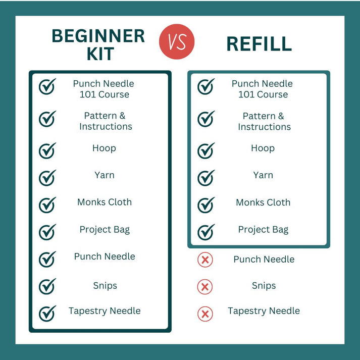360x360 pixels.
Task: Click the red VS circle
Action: point(177,41)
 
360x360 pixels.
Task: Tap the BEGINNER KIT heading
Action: point(98,44)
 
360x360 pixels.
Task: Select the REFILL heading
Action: point(259,44)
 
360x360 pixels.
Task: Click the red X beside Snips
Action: point(205,287)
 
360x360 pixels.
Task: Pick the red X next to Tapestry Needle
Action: point(205,314)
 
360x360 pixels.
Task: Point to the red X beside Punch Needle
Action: point(205,260)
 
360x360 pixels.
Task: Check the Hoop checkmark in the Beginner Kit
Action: point(47,150)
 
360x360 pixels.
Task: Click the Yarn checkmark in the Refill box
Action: point(206,178)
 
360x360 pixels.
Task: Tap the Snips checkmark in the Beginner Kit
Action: point(47,286)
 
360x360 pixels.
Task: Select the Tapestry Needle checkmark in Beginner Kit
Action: point(47,314)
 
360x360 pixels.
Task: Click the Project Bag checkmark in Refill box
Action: point(206,232)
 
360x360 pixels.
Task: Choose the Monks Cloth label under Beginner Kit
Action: point(105,202)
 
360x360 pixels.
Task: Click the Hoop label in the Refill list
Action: point(263,148)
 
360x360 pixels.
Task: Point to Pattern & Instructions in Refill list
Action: point(264,122)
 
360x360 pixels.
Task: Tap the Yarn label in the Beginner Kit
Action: point(105,175)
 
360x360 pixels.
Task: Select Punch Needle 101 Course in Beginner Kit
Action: point(104,89)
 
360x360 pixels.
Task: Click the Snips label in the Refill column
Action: point(264,286)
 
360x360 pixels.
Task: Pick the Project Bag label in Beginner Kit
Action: point(105,230)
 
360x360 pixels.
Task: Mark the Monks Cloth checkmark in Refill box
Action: point(206,205)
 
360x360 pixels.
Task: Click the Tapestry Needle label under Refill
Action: point(264,311)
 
